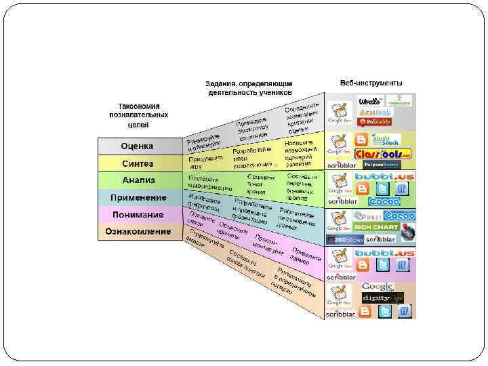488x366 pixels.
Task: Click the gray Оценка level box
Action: click(x=138, y=146)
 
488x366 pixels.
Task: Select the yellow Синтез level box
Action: click(x=138, y=163)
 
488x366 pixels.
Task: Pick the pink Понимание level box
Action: click(x=138, y=215)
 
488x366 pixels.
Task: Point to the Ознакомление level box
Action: click(x=138, y=232)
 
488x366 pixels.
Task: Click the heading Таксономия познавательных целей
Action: click(x=138, y=115)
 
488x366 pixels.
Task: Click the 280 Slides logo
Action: click(x=344, y=239)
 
